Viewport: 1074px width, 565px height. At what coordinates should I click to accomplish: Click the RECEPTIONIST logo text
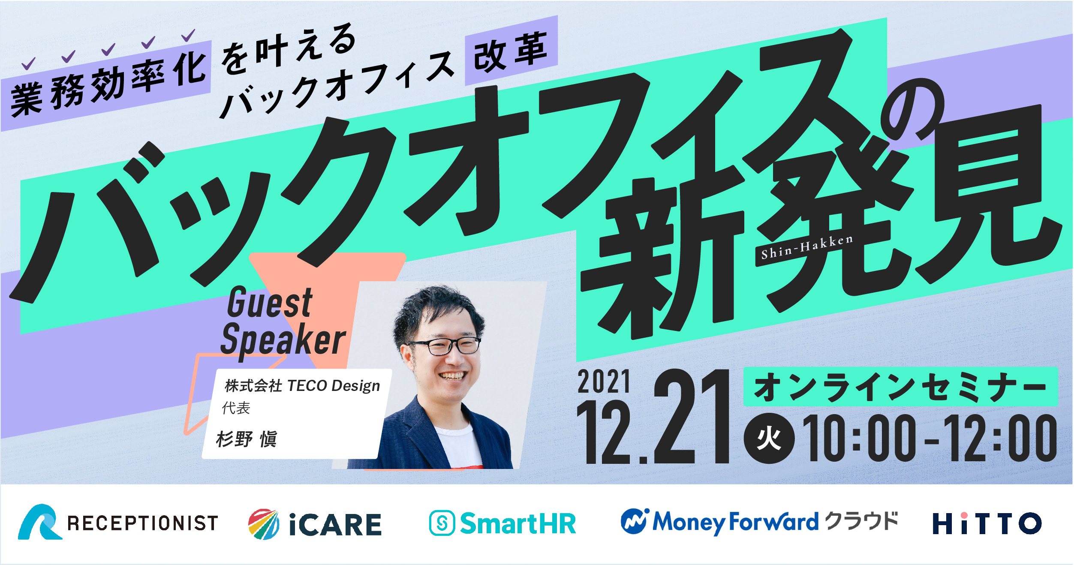[x=143, y=523]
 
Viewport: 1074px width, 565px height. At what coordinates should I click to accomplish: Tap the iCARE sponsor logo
[x=315, y=524]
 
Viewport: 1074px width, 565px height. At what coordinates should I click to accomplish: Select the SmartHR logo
[x=502, y=523]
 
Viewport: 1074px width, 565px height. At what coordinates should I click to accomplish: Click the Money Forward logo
[x=759, y=522]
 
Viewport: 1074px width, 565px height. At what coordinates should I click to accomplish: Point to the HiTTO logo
[x=987, y=523]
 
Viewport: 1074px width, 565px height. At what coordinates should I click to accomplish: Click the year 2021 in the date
[x=604, y=382]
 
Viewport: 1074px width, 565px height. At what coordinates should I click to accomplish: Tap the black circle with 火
[x=769, y=439]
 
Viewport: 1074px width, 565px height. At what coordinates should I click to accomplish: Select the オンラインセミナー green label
[x=900, y=386]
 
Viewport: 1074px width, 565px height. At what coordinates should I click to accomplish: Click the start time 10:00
[x=859, y=438]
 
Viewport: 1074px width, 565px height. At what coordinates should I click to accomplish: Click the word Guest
[x=270, y=302]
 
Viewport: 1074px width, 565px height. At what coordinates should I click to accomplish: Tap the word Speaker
[x=283, y=340]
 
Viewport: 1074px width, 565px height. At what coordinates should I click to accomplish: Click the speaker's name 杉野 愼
[x=247, y=439]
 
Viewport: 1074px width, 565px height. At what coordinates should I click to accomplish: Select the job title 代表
[x=236, y=408]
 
